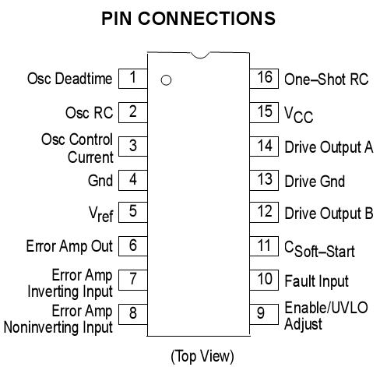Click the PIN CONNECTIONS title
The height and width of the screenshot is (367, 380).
pyautogui.click(x=188, y=18)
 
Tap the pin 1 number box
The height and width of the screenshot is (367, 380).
pyautogui.click(x=133, y=78)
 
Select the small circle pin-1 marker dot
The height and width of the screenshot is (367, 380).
pyautogui.click(x=165, y=79)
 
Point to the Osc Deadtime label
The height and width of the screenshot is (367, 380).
pyautogui.click(x=70, y=79)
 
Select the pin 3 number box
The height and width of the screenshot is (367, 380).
pyautogui.click(x=133, y=146)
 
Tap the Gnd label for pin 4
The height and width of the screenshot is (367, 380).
pyautogui.click(x=100, y=180)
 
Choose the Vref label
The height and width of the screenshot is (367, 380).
pyautogui.click(x=100, y=213)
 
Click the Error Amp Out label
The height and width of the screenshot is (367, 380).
pyautogui.click(x=69, y=246)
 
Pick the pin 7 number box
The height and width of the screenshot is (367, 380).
pyautogui.click(x=133, y=279)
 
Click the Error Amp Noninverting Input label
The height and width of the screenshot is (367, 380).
pyautogui.click(x=58, y=319)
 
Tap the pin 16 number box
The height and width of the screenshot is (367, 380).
pyautogui.click(x=265, y=78)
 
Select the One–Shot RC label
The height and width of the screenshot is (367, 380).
pyautogui.click(x=325, y=79)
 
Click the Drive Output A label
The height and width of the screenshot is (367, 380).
pyautogui.click(x=329, y=146)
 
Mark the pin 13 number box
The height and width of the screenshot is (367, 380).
pyautogui.click(x=265, y=179)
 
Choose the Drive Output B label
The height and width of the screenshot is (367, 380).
pyautogui.click(x=329, y=213)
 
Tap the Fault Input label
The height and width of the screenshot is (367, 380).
pyautogui.click(x=316, y=281)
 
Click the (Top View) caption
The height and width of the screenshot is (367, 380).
pyautogui.click(x=202, y=355)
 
